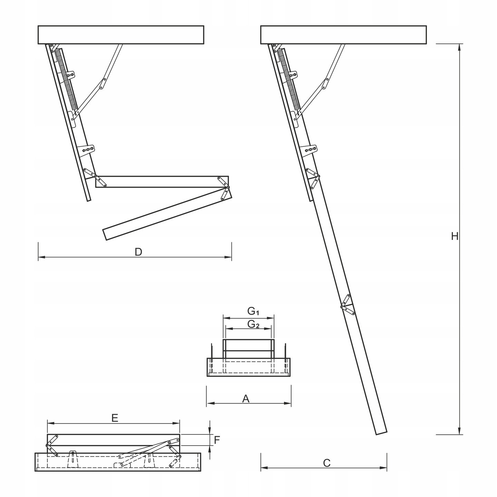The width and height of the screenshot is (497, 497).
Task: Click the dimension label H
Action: [455, 236]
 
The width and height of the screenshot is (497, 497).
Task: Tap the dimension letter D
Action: [138, 252]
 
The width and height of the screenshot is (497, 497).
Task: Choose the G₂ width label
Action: [253, 324]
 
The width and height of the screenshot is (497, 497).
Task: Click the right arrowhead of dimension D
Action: [228, 257]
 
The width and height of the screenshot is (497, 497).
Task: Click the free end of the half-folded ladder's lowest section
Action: [105, 234]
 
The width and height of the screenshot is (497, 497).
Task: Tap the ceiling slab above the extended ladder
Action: [343, 35]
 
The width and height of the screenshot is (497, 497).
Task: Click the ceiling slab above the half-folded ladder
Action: [121, 35]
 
